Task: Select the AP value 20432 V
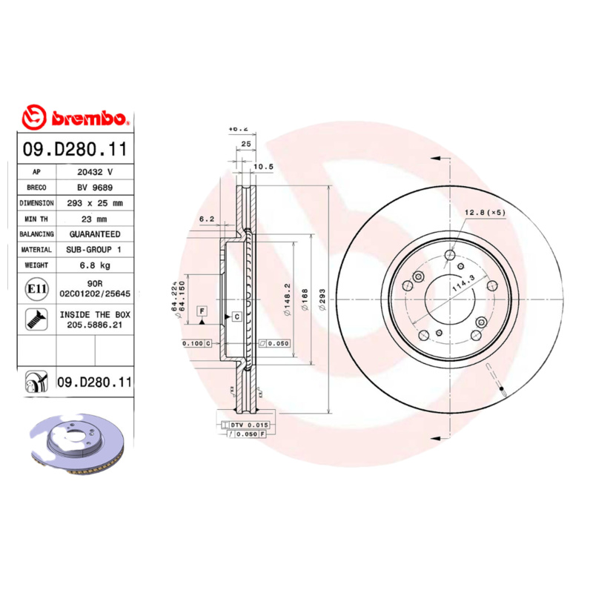95,171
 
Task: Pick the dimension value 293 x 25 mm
95,202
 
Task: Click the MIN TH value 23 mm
95,219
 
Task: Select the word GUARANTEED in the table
95,234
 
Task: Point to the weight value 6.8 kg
95,265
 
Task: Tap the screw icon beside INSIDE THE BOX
35,319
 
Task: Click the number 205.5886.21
95,325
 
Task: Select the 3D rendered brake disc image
80,448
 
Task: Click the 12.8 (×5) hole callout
485,213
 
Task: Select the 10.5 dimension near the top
264,168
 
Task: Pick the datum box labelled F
201,309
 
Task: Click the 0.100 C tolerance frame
196,344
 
